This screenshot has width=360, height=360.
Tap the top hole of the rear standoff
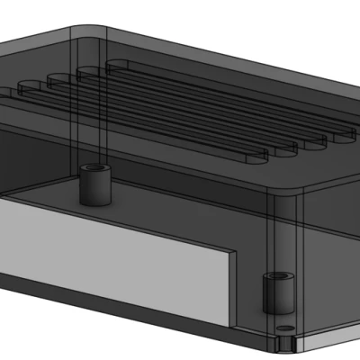tap(92, 169)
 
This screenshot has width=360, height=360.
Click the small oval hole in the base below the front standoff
tap(284, 327)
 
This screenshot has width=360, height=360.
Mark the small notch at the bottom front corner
tap(295, 343)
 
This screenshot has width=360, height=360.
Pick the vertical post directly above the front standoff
tap(274, 234)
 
